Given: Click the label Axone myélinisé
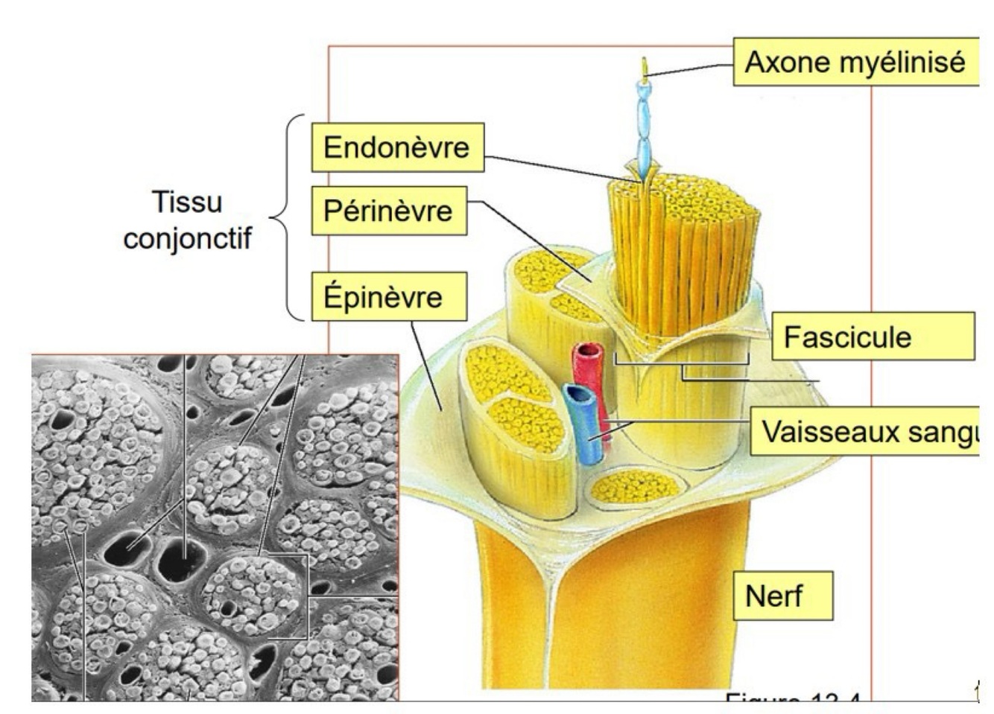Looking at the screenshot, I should click(x=855, y=62).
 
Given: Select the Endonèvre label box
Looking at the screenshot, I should click(x=396, y=147).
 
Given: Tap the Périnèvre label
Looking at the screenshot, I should click(x=388, y=211).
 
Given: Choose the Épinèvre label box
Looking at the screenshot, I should click(x=388, y=296).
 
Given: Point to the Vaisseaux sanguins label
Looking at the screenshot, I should click(x=864, y=431).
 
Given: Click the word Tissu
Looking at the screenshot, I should click(x=187, y=203).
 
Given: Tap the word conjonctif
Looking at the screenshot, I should click(x=187, y=238).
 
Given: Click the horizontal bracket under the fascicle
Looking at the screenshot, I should click(x=681, y=363).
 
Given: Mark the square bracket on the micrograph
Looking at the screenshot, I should click(x=306, y=596).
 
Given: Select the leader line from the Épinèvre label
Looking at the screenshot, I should click(x=425, y=365).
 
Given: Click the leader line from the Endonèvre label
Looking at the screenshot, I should click(x=559, y=168).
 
